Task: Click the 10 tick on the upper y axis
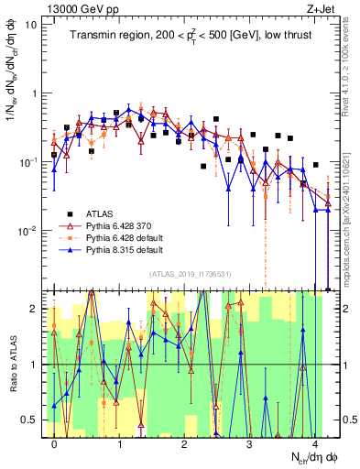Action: [x=32, y=25]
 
